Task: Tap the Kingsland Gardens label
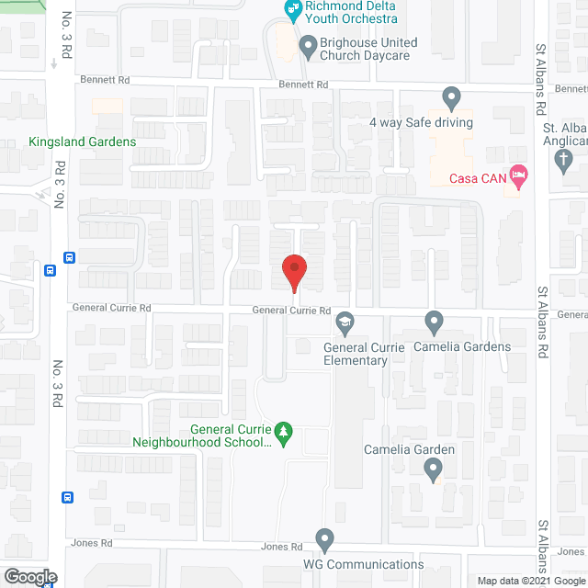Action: coord(83,142)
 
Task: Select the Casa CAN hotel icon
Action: coord(518,175)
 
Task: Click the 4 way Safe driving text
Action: coord(421,122)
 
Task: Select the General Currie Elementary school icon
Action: coord(345,322)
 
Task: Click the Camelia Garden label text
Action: coord(410,450)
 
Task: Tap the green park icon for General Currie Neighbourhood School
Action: coord(285,430)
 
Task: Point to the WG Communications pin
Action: coord(323,538)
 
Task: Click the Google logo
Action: coord(28,577)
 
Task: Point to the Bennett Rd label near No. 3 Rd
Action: coord(104,81)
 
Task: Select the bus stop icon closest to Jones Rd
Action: coord(68,497)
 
